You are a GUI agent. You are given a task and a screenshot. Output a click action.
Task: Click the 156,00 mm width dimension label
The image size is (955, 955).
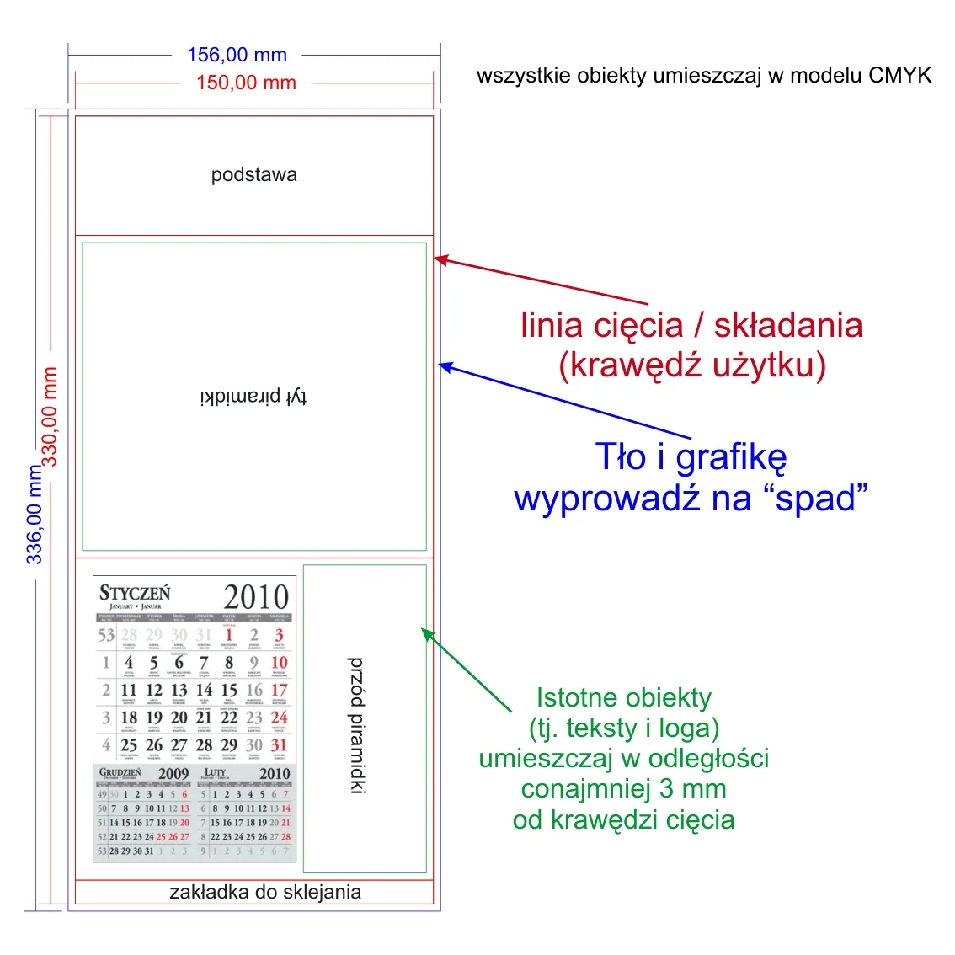pos(237,56)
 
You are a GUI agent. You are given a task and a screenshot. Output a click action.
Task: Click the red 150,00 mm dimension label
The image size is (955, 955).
pos(246,83)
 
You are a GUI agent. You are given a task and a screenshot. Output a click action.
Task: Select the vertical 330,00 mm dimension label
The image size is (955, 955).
pos(50,416)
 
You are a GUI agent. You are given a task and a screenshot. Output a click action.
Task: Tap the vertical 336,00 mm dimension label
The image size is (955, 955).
pos(34,514)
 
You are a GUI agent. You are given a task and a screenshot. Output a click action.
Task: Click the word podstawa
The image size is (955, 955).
pos(253,175)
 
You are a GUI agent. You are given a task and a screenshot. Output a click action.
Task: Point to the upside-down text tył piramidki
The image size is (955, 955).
pos(253,397)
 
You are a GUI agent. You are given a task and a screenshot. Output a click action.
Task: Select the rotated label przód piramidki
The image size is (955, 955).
pos(357,725)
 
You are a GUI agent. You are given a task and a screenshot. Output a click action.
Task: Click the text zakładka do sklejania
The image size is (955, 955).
pos(265,893)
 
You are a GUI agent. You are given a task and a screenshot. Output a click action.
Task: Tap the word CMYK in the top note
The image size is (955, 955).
pos(900,76)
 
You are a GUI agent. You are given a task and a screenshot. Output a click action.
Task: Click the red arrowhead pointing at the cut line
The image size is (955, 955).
pos(439,259)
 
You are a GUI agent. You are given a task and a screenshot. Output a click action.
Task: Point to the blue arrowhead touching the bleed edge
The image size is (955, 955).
pos(445,365)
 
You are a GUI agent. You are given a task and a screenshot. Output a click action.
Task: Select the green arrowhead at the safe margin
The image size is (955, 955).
pos(427,633)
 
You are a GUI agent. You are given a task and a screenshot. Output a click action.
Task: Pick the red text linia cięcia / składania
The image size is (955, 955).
pos(691,326)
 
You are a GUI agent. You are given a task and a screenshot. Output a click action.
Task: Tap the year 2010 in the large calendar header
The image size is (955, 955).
pos(256,597)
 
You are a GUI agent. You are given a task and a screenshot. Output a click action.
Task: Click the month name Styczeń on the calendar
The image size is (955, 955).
pos(135,593)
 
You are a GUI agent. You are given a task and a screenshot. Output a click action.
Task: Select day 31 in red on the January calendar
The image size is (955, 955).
pos(279,745)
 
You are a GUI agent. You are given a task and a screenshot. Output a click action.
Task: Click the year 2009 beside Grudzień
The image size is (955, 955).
pos(173,773)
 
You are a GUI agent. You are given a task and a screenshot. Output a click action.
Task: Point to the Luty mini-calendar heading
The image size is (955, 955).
pos(216,771)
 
